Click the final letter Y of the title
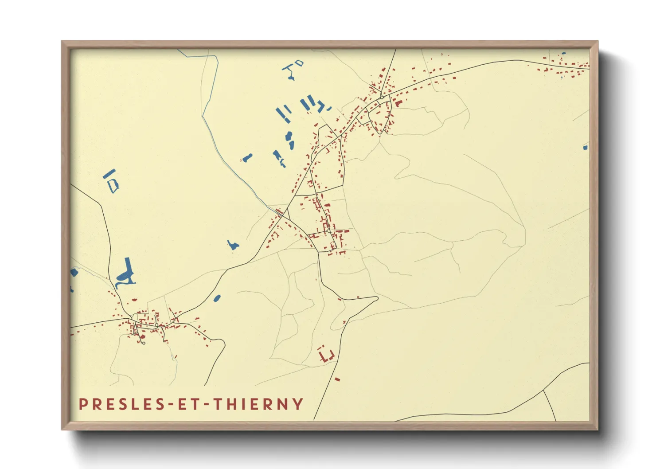pos(298,404)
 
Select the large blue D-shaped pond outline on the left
pos(113,185)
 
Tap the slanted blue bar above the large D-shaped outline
pos(109,173)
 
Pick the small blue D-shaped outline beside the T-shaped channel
pos(300,63)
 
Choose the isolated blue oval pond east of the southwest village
pos(217,298)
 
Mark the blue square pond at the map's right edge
pos(586,147)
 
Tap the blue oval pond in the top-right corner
pos(564,54)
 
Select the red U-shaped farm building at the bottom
pos(327,356)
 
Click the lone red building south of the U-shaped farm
pos(337,379)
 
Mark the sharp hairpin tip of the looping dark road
pos(376,298)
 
